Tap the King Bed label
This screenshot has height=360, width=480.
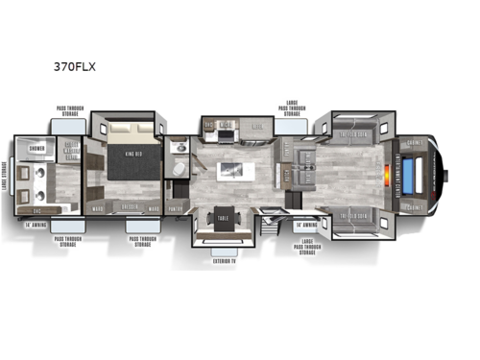point(129,149)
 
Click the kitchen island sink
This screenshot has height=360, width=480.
point(230,172)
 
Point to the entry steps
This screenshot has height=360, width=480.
point(270,229)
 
